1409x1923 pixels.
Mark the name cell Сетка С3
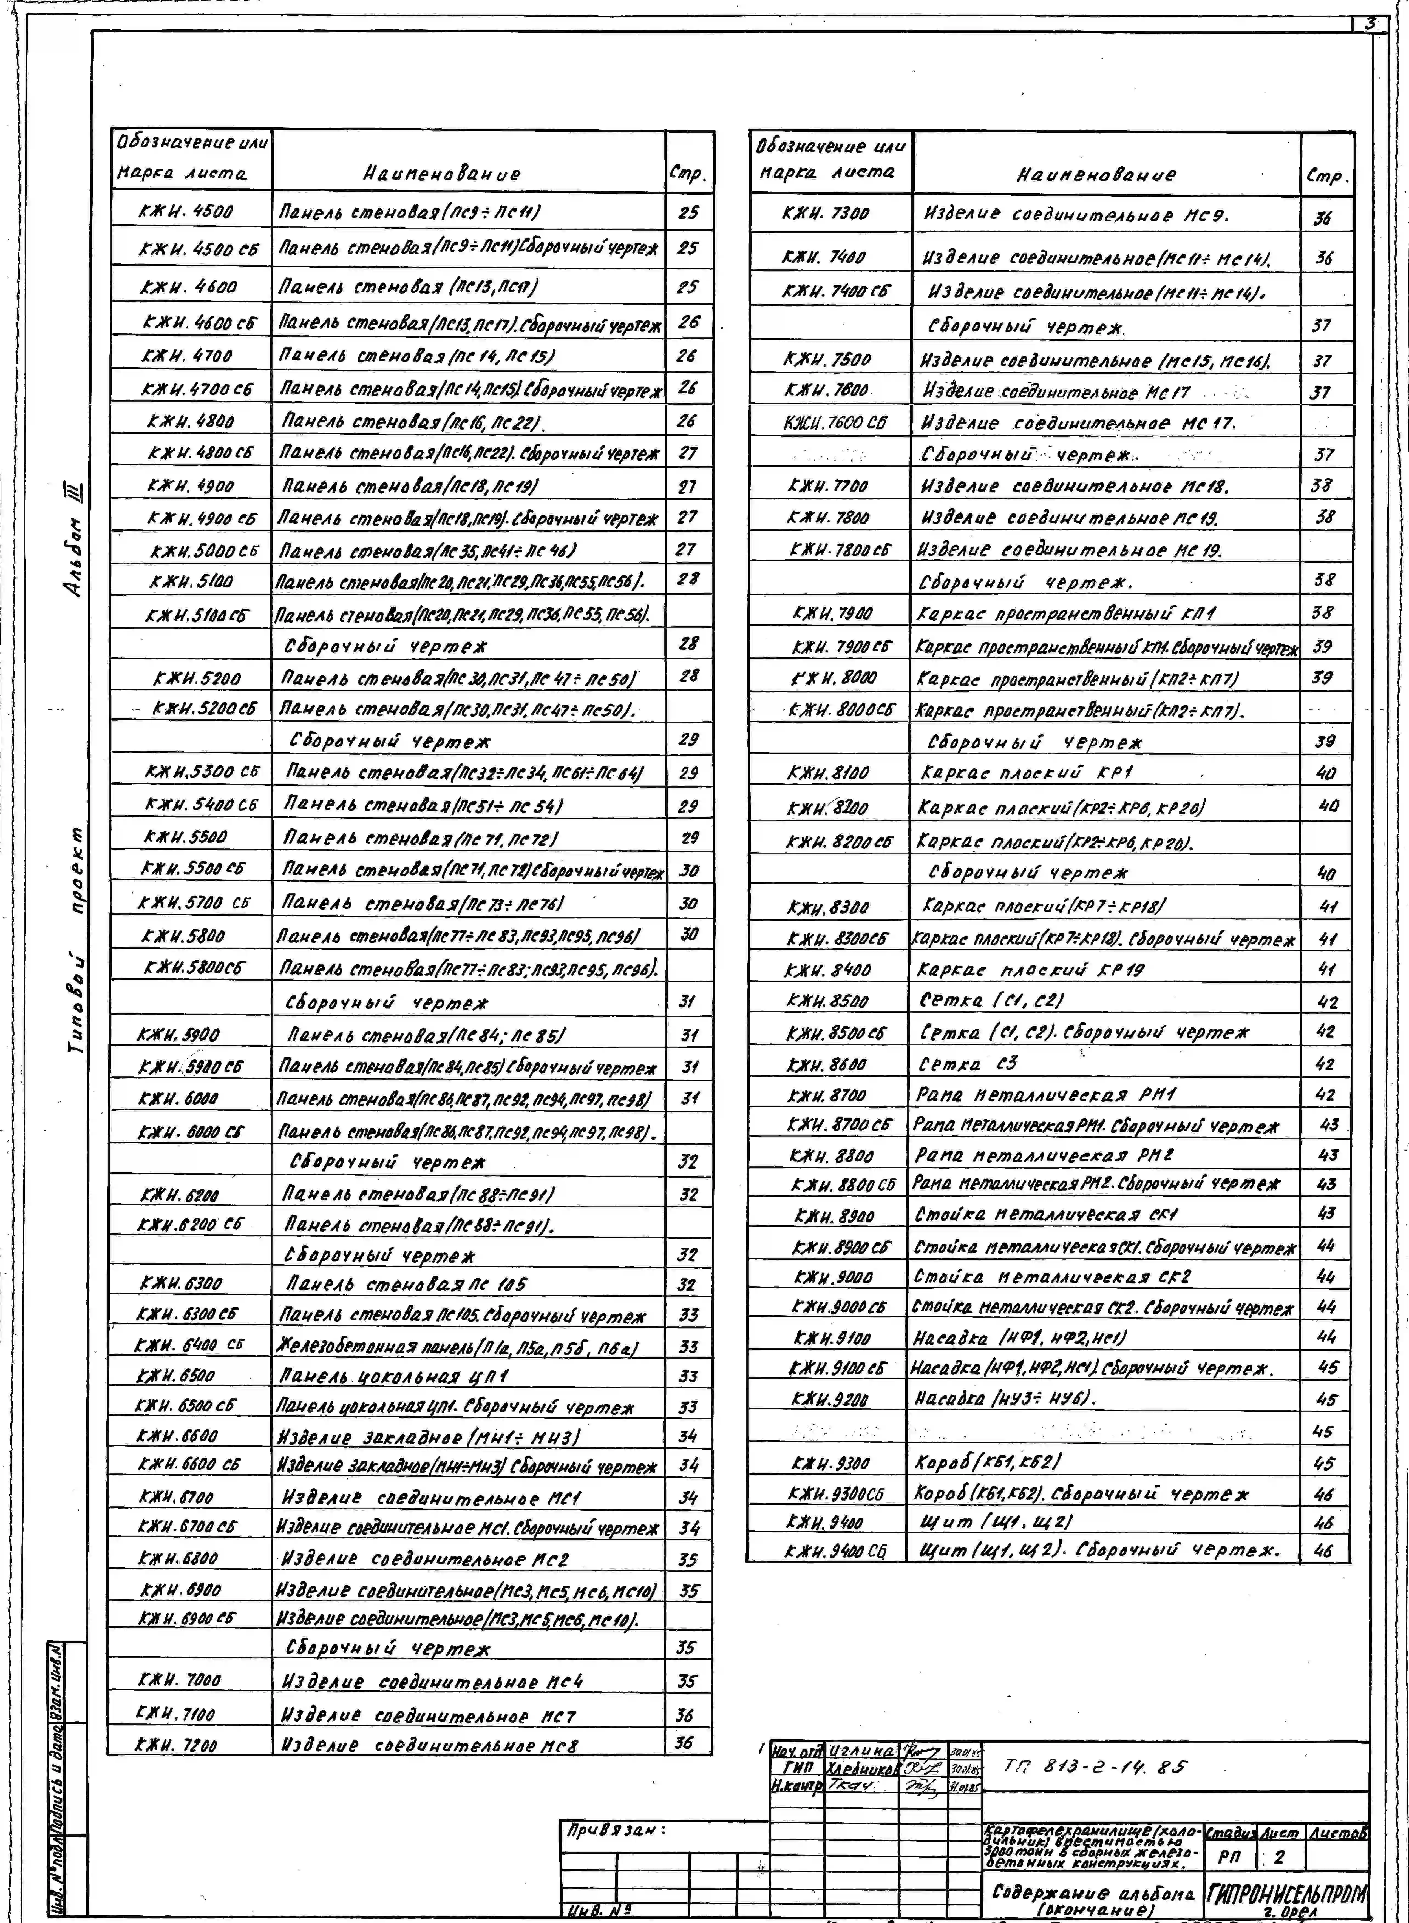[968, 1063]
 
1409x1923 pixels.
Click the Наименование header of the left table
[441, 174]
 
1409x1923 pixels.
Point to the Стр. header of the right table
[1326, 177]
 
